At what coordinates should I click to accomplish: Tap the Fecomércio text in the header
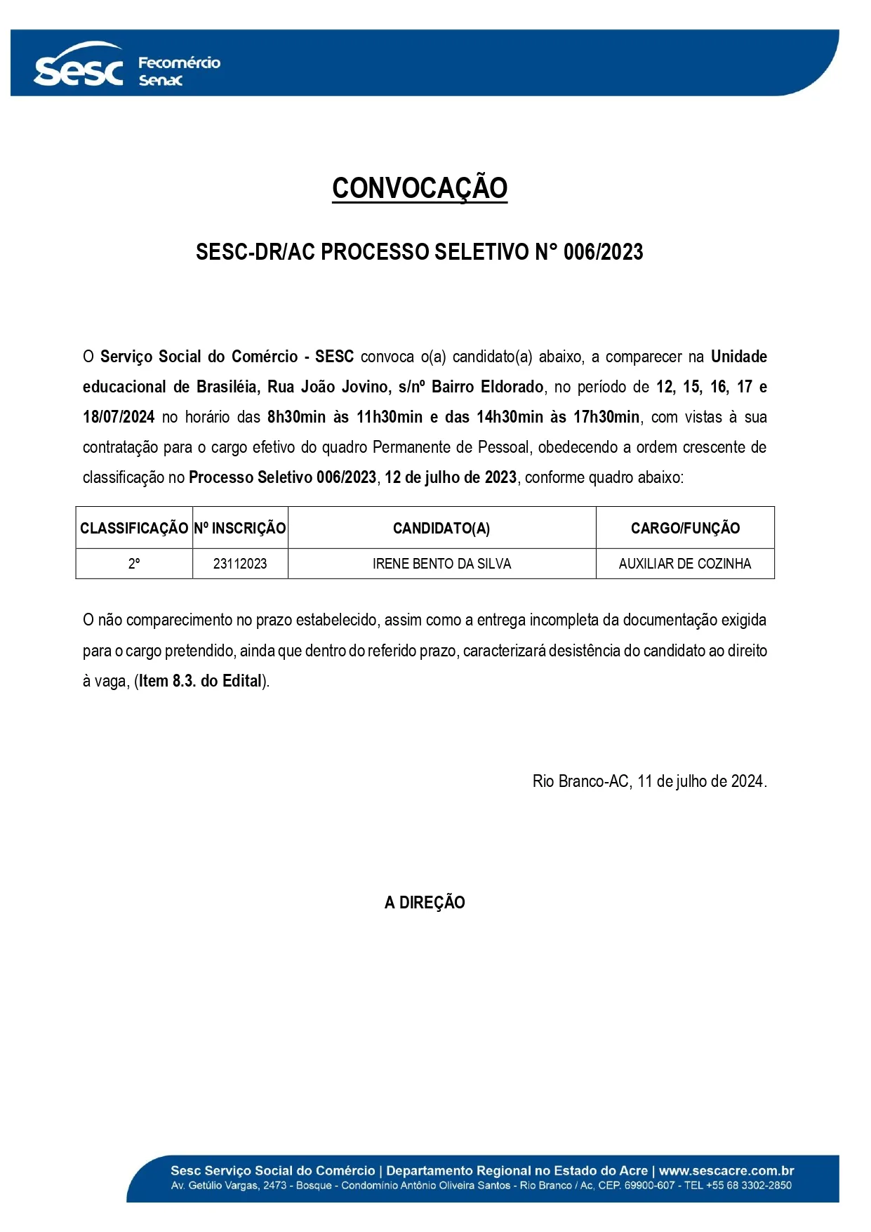(x=179, y=63)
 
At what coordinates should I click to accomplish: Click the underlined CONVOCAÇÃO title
(x=420, y=188)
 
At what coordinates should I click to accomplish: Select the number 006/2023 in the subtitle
(x=603, y=252)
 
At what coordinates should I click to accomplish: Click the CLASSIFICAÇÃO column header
(x=134, y=529)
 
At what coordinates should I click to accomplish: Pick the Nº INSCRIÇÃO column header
(x=240, y=529)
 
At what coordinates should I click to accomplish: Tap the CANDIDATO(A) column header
(x=441, y=529)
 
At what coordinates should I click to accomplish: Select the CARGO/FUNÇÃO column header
(x=685, y=529)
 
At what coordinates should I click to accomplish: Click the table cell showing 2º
(x=134, y=564)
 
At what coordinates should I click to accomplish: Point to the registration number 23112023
(x=240, y=564)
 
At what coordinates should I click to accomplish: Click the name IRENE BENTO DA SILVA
(x=441, y=564)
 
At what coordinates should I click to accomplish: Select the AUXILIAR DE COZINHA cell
(x=685, y=564)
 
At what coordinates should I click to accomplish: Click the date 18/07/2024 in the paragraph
(x=119, y=417)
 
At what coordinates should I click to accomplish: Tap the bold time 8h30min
(x=296, y=417)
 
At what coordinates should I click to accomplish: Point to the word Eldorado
(x=512, y=387)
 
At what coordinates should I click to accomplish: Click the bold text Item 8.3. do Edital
(x=201, y=681)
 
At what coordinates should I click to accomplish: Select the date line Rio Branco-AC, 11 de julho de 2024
(x=649, y=781)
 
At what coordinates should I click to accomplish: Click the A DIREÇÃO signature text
(x=425, y=903)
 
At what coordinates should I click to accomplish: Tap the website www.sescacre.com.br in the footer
(x=726, y=1170)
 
